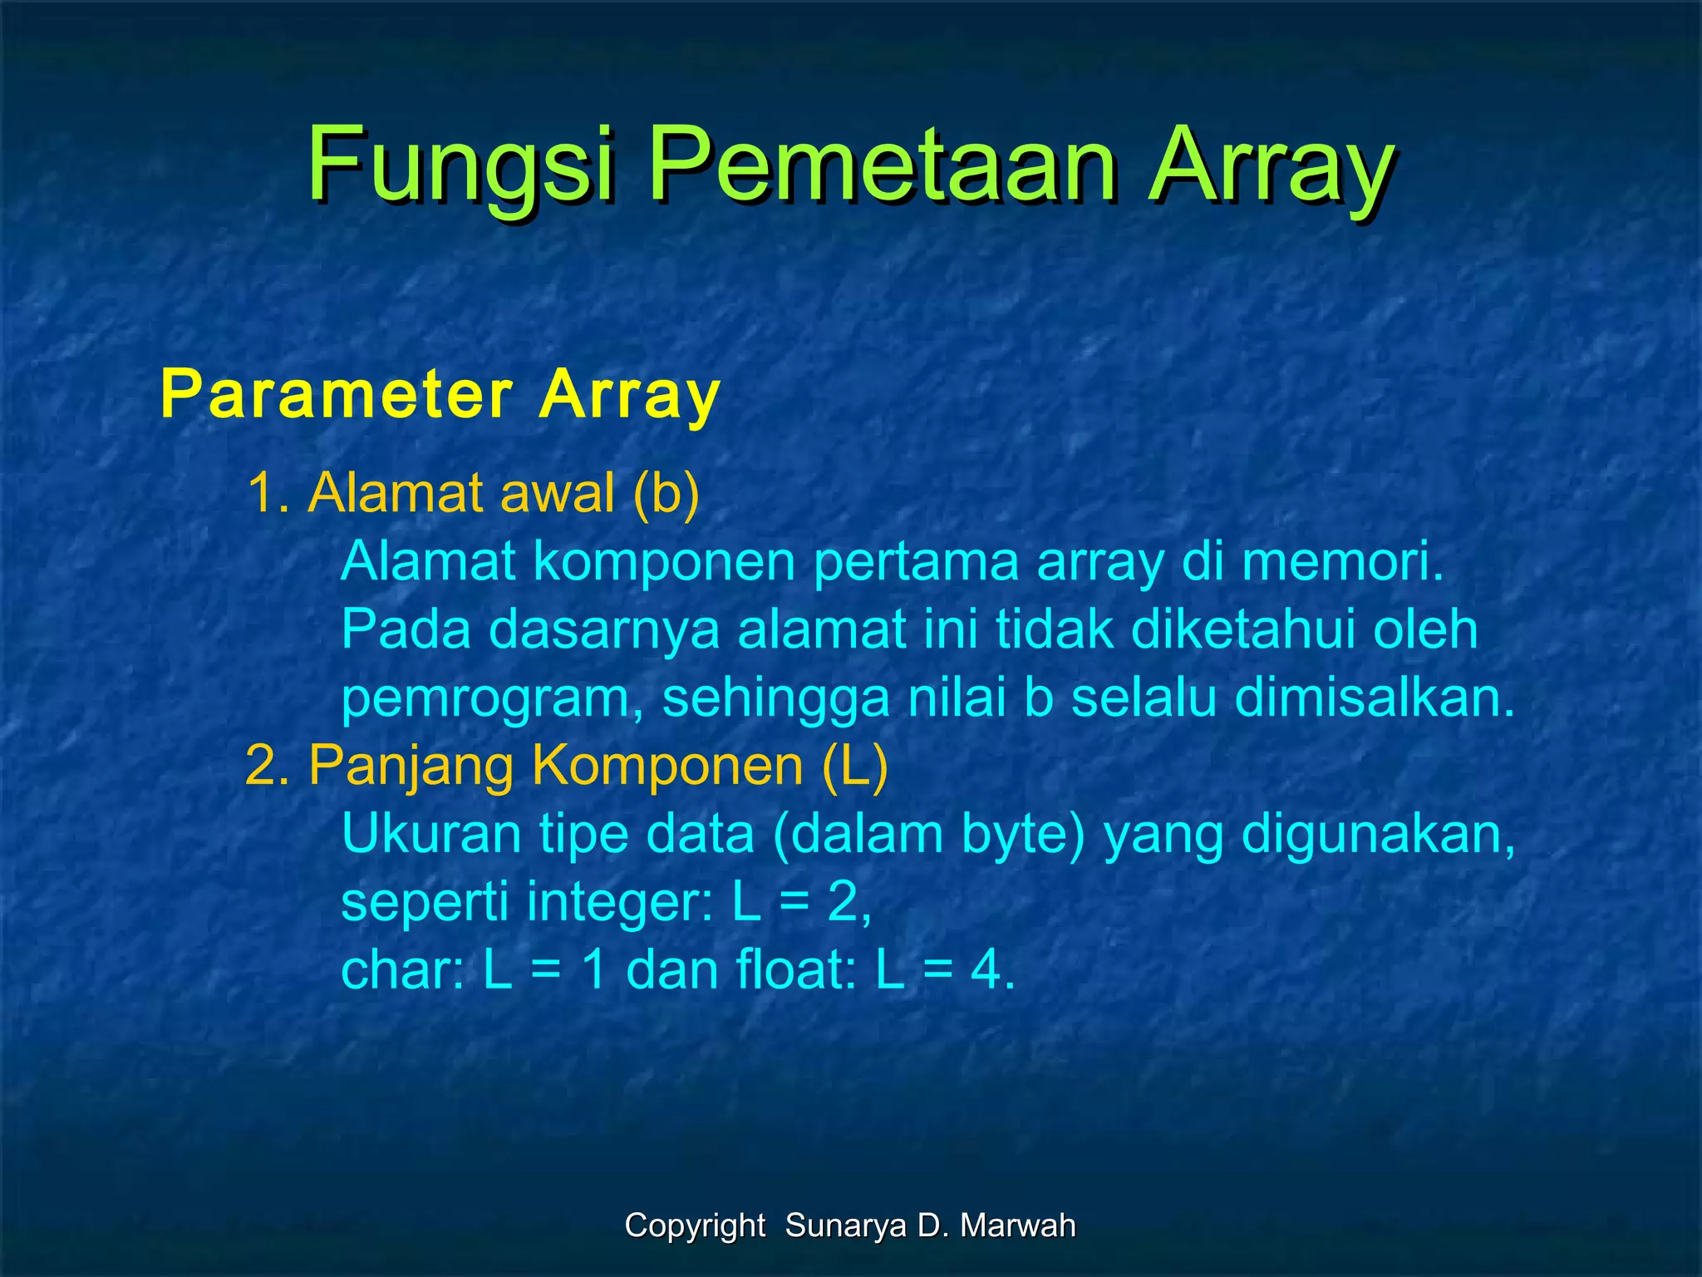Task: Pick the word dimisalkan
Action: (x=1375, y=698)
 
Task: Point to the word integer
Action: (x=619, y=902)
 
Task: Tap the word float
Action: (x=797, y=969)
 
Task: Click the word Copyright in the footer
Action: (x=695, y=1225)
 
